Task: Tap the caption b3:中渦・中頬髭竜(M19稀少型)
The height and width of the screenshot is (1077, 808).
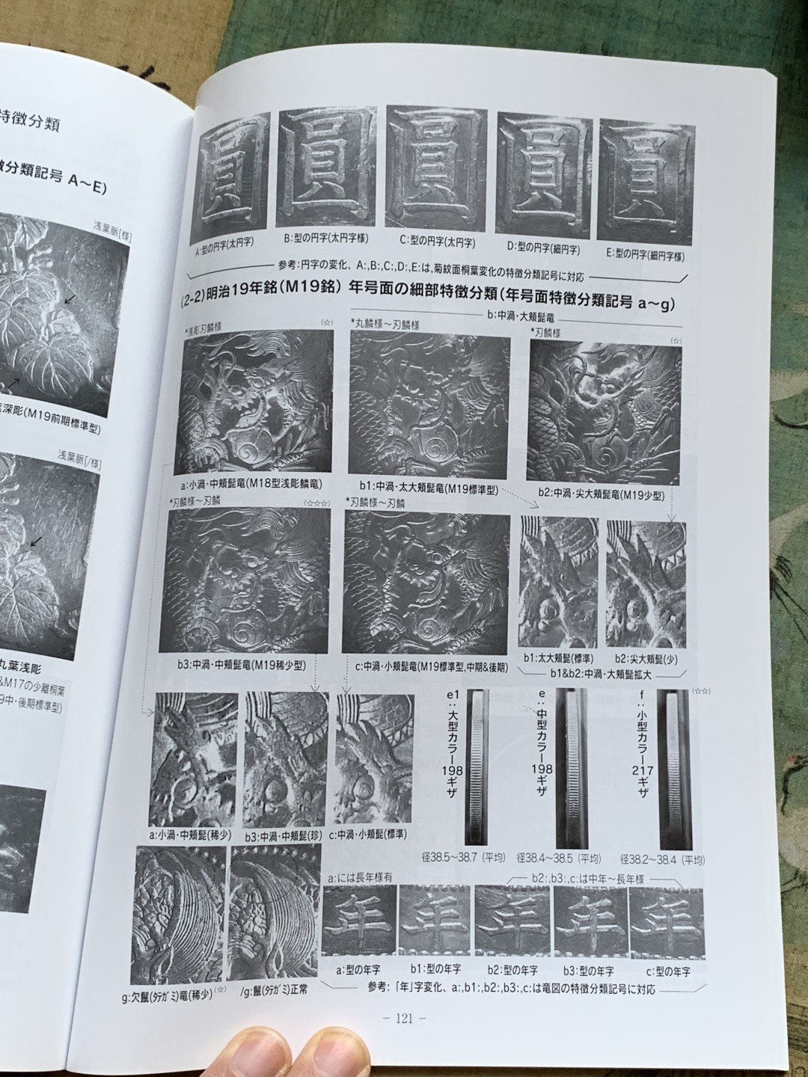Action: click(x=237, y=663)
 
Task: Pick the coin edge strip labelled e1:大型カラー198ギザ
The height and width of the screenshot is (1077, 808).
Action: click(x=477, y=767)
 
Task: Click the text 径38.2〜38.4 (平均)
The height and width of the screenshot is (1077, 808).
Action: click(x=661, y=859)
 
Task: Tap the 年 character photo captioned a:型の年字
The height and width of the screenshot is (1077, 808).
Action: click(x=358, y=921)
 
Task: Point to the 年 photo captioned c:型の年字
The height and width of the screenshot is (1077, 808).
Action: click(x=666, y=921)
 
